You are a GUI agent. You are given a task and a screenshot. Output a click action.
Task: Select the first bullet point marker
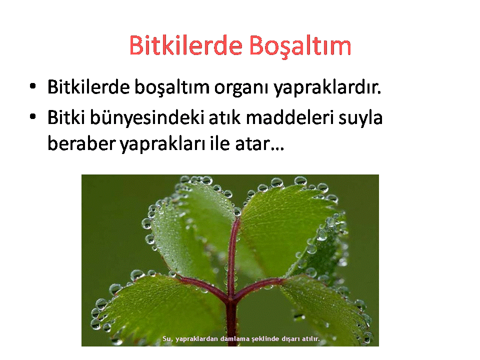pos(33,86)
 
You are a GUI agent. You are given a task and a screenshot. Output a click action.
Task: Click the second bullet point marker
pos(33,116)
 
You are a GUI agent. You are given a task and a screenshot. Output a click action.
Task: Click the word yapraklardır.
pos(327,87)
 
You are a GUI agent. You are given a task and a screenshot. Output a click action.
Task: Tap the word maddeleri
pos(289,117)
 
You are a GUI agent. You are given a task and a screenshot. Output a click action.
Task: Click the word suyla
pos(360,118)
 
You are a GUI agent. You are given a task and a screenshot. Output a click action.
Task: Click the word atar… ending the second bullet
pos(259,144)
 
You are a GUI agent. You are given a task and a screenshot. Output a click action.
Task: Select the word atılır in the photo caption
pos(310,339)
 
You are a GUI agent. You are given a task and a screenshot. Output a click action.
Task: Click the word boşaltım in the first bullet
pos(171,87)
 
